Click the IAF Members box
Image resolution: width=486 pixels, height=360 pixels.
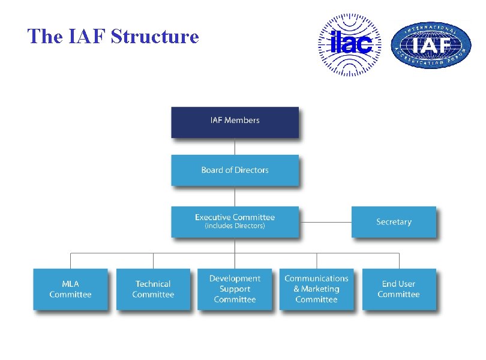[x=235, y=122]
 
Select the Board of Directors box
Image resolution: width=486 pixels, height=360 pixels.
[x=235, y=170]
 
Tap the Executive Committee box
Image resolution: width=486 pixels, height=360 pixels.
[x=235, y=221]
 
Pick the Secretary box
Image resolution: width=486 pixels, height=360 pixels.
[x=394, y=222]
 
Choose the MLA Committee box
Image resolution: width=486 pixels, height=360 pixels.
[x=70, y=289]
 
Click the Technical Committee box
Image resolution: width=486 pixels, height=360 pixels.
[x=153, y=289]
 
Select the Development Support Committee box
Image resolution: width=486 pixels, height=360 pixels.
[x=235, y=289]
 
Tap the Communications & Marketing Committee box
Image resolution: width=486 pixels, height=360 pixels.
[x=316, y=289]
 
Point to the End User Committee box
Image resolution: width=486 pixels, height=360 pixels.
[x=398, y=289]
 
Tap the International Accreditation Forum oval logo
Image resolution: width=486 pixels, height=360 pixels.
[x=431, y=46]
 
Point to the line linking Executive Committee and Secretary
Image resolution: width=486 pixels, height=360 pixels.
[x=325, y=222]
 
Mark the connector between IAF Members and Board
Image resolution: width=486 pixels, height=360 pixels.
[x=235, y=146]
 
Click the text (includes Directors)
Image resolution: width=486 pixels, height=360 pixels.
[x=235, y=226]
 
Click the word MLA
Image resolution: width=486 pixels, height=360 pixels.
[x=70, y=284]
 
